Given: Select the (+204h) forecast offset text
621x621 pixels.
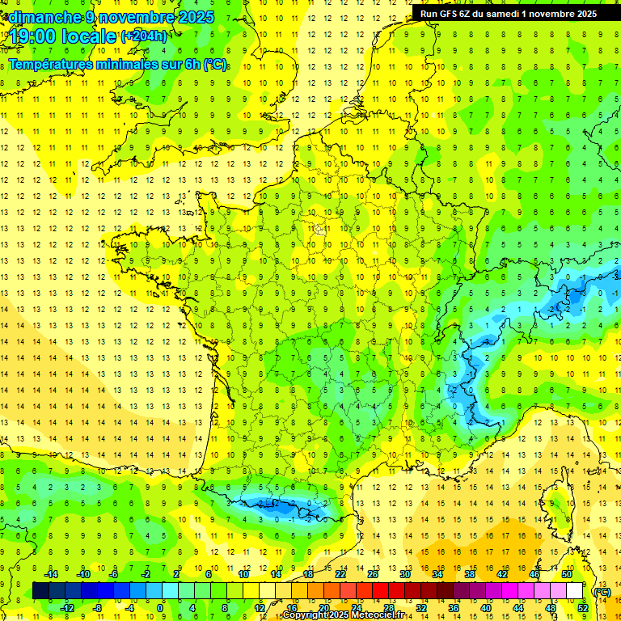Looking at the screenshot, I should (x=143, y=36).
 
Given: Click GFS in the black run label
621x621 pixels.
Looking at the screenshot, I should (x=447, y=14).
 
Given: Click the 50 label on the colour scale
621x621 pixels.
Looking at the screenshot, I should (x=567, y=573).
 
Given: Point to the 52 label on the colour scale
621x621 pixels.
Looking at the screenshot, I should (x=583, y=607).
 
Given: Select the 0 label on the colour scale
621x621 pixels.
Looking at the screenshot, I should (x=160, y=607).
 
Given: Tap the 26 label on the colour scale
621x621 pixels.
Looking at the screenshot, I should (x=373, y=573).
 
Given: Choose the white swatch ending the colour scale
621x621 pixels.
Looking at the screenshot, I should (x=575, y=591).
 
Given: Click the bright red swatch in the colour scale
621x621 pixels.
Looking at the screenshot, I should (x=381, y=591).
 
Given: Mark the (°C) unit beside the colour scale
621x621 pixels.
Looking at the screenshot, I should (x=602, y=591).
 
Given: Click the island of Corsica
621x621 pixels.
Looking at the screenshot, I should (x=556, y=501).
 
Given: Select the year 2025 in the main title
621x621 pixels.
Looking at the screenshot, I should (x=196, y=16).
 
